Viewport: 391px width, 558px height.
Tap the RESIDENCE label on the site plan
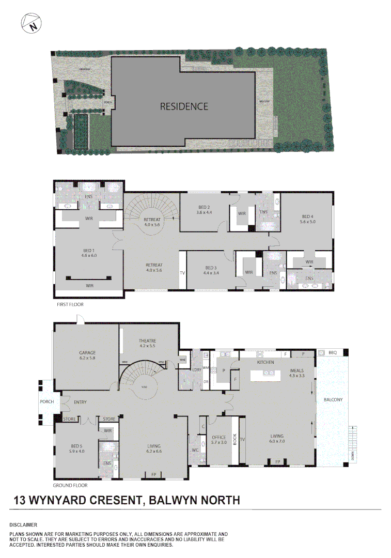(x=184, y=106)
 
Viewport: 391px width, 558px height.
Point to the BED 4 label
(x=308, y=216)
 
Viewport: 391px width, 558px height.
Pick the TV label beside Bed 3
(x=182, y=272)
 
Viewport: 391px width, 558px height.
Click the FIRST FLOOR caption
(x=70, y=305)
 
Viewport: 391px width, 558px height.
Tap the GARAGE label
(x=88, y=353)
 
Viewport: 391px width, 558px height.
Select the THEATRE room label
(x=147, y=340)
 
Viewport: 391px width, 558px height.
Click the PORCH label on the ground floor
(x=47, y=401)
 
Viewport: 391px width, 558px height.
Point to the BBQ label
(x=332, y=352)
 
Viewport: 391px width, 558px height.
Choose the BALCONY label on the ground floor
(x=333, y=400)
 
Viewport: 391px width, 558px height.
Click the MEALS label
(x=296, y=370)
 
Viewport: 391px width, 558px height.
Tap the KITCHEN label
(x=265, y=363)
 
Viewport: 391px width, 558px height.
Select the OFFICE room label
(x=220, y=437)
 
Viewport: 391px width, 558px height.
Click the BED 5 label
(x=77, y=446)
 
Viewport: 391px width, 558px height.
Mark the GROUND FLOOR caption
(x=70, y=486)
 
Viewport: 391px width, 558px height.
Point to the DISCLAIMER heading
(x=23, y=524)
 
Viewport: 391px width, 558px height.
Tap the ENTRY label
(x=80, y=402)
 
